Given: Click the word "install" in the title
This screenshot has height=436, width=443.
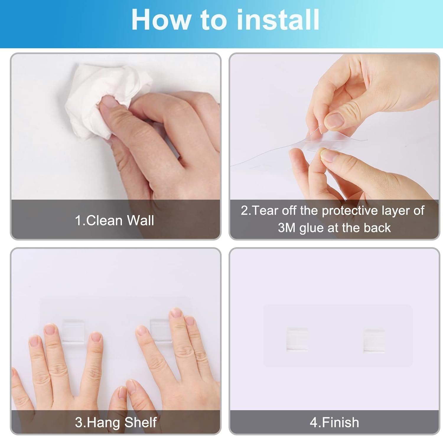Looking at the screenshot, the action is tap(278, 19).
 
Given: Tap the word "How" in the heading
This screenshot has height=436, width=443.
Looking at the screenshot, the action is tap(161, 19).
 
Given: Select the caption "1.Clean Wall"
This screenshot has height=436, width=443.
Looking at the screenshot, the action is tap(114, 220).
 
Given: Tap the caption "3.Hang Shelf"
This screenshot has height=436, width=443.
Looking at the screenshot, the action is tap(115, 422).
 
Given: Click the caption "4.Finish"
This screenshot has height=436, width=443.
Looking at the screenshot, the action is tap(334, 422).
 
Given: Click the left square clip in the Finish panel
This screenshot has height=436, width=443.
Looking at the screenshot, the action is tap(297, 339).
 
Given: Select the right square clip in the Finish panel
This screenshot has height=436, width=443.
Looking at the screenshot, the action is tap(374, 341).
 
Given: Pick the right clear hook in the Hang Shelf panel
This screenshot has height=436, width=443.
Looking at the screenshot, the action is tap(161, 330).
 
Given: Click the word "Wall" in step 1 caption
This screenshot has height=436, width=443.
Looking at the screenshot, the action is tap(141, 220).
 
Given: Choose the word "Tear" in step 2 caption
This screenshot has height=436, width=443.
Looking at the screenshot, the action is tap(265, 211).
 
